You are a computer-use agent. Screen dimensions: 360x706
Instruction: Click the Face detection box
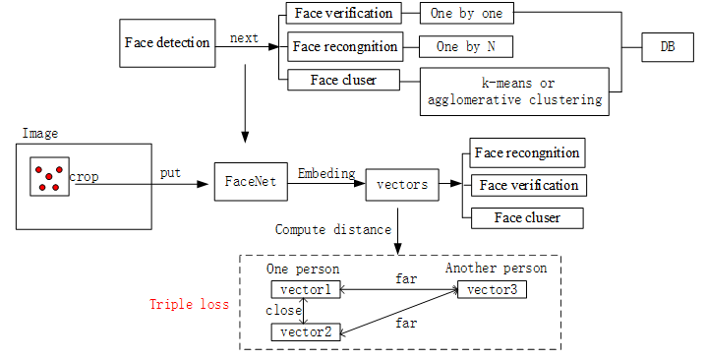pyautogui.click(x=167, y=43)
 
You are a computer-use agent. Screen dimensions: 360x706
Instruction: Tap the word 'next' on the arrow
pyautogui.click(x=245, y=39)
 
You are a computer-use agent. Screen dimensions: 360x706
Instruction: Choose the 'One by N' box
pyautogui.click(x=466, y=46)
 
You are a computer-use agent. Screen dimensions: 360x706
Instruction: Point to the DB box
pyautogui.click(x=667, y=46)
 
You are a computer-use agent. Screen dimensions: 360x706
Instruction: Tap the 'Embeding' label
pyautogui.click(x=326, y=174)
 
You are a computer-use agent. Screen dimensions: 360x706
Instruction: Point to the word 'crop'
pyautogui.click(x=84, y=177)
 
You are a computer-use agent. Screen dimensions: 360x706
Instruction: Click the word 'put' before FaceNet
pyautogui.click(x=169, y=173)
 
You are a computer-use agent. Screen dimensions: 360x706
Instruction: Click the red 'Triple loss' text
pyautogui.click(x=189, y=304)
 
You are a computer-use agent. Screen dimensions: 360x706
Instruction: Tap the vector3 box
pyautogui.click(x=491, y=289)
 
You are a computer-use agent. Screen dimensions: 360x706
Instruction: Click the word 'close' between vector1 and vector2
pyautogui.click(x=284, y=311)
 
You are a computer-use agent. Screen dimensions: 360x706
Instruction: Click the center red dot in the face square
pyautogui.click(x=49, y=177)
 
